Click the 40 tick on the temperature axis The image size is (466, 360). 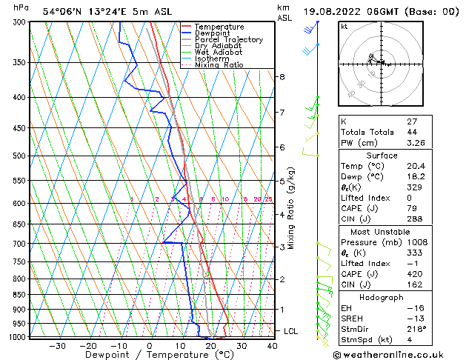(x=272, y=345)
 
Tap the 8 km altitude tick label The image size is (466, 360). (x=282, y=76)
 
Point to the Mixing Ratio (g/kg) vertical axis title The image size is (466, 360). (x=291, y=207)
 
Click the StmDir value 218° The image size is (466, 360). (x=395, y=328)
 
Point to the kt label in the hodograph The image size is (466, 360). (x=344, y=26)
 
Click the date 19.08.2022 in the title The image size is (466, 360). (x=333, y=12)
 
